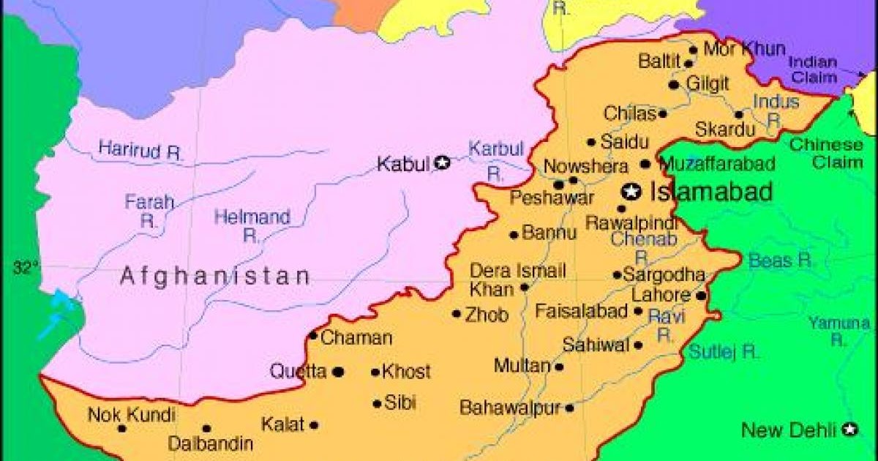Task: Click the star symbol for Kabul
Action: pyautogui.click(x=442, y=163)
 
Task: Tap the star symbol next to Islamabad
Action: pyautogui.click(x=629, y=192)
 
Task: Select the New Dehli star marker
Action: pyautogui.click(x=849, y=430)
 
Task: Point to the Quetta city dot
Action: pyautogui.click(x=338, y=372)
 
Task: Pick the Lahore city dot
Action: pyautogui.click(x=701, y=296)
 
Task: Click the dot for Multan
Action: pyautogui.click(x=559, y=367)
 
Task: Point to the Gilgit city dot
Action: pyautogui.click(x=674, y=85)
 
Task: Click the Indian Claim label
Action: pyautogui.click(x=812, y=68)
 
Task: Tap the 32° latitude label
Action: pyautogui.click(x=25, y=268)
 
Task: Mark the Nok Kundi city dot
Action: pyautogui.click(x=121, y=428)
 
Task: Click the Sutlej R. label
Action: pyautogui.click(x=723, y=352)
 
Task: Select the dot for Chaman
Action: pyautogui.click(x=313, y=336)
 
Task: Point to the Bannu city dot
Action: pyautogui.click(x=514, y=235)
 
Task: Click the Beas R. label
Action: pyautogui.click(x=781, y=260)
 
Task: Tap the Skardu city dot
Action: pyautogui.click(x=739, y=115)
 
